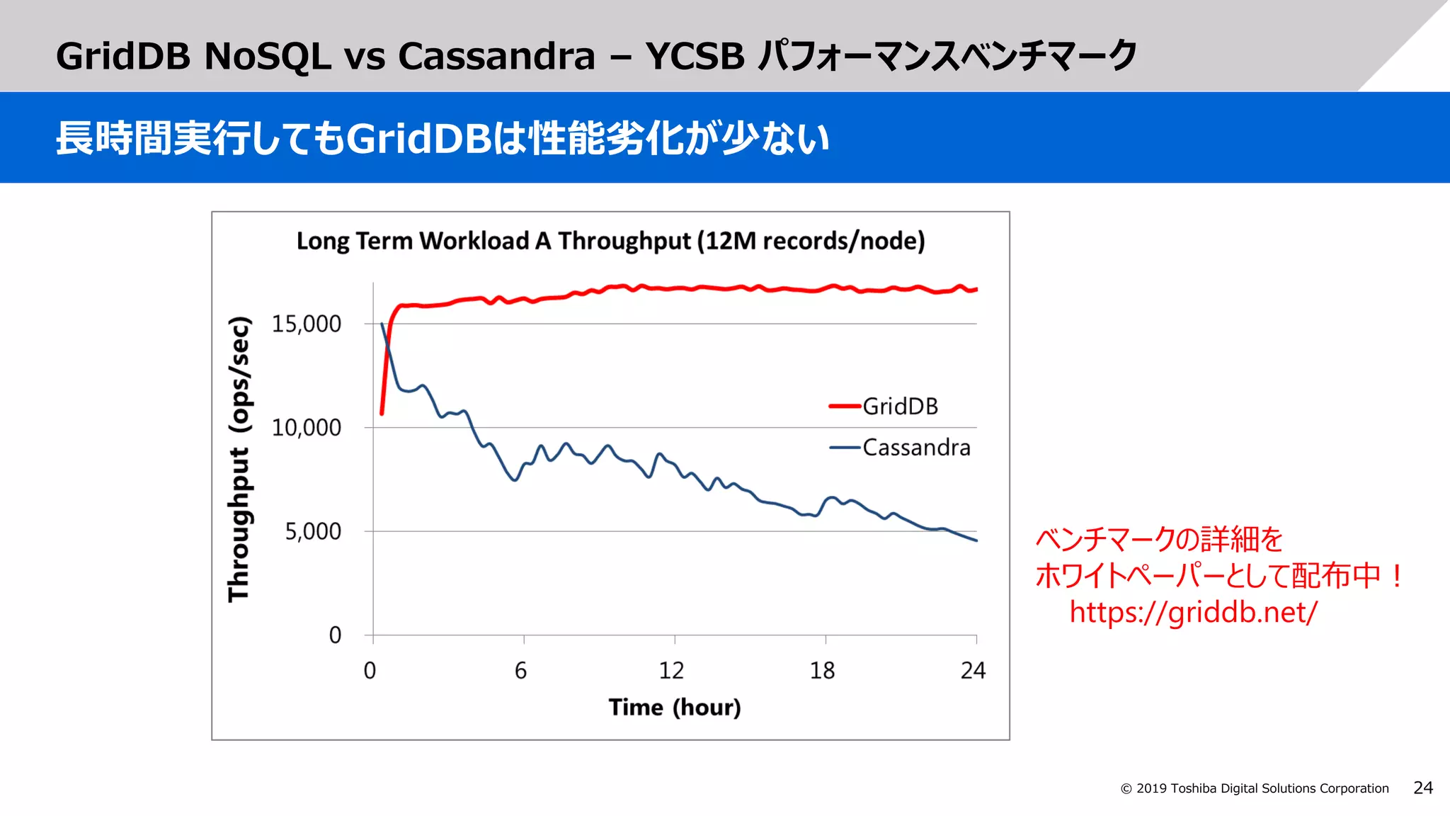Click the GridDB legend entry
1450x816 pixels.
coord(899,407)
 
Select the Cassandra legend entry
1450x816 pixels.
coord(915,448)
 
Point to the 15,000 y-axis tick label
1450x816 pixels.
coord(306,324)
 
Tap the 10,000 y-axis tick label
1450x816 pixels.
coord(306,428)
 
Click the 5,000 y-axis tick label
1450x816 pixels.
coord(312,531)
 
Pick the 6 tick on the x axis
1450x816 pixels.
coord(521,670)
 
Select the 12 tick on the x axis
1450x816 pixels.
coord(671,670)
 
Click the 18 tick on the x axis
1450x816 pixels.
coord(822,670)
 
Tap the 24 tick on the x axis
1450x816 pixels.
coord(973,670)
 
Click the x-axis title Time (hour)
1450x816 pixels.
coord(674,707)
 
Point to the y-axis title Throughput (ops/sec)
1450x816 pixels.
coord(239,459)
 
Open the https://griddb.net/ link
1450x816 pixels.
coord(1193,612)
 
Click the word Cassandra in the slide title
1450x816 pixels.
coord(496,56)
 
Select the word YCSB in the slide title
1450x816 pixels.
coord(695,56)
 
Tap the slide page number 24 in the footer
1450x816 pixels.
coord(1422,788)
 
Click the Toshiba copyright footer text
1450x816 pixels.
coord(1255,788)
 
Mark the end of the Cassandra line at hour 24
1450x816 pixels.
coord(976,540)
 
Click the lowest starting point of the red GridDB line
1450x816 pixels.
coord(382,413)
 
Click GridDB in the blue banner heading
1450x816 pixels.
coord(418,138)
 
